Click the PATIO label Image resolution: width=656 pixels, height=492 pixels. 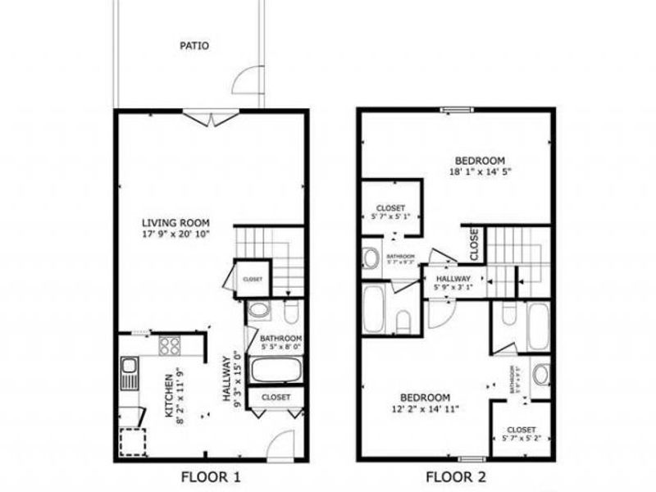point(194,46)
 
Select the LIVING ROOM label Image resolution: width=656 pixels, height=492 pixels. point(176,223)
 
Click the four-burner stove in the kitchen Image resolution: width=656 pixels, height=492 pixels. point(169,346)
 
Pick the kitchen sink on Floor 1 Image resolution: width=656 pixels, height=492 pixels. point(129,375)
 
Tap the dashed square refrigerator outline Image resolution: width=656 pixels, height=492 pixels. point(133,442)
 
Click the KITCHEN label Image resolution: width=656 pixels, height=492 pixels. point(168,399)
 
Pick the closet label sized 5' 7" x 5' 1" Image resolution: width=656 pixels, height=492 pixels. point(391,217)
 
